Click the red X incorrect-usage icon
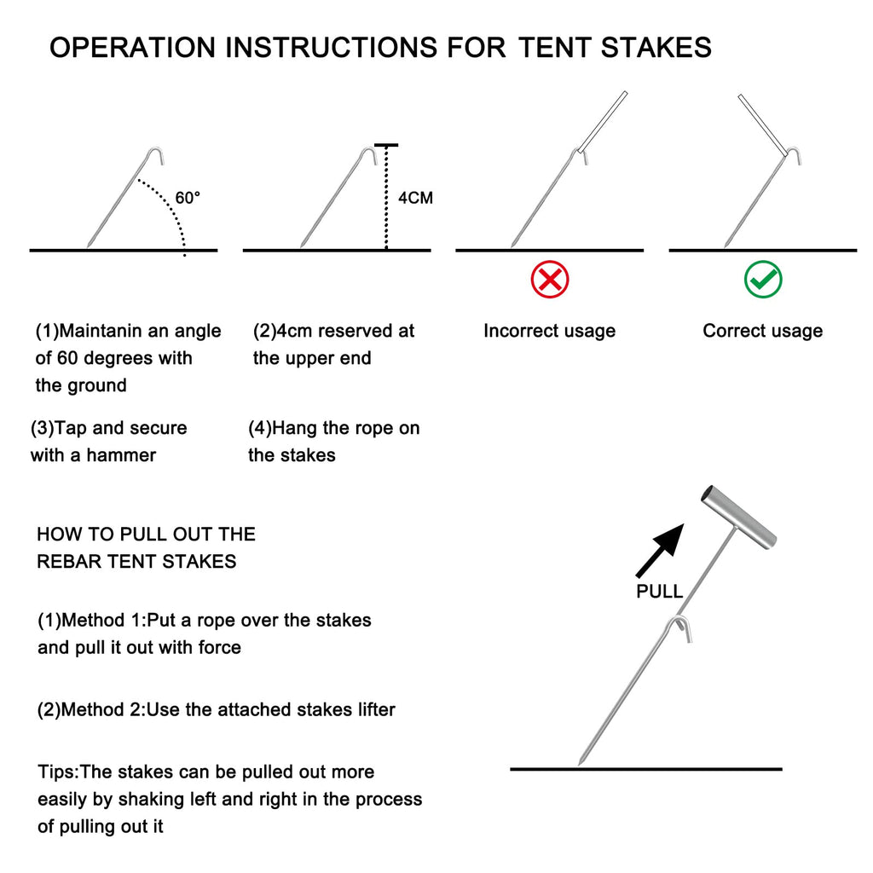coord(550,280)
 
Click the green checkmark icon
coord(763,280)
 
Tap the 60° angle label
coord(188,198)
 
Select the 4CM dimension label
coord(415,198)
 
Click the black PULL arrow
coord(662,550)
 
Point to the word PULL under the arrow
coord(659,592)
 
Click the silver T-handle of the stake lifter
coord(738,517)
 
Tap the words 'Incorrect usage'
coord(549,331)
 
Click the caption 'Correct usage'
coord(762,331)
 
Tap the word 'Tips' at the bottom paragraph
coord(57,772)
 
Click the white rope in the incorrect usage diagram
coord(604,122)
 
